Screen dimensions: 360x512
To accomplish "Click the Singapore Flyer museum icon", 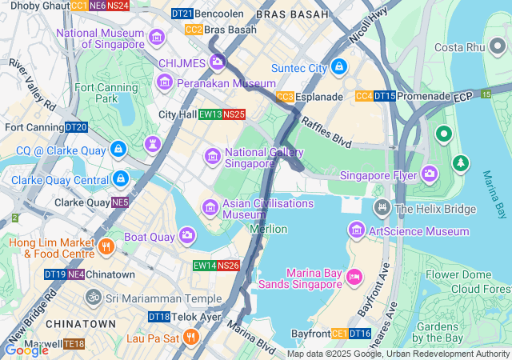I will coord(430,174).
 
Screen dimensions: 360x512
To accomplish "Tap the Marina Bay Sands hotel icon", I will coord(354,277).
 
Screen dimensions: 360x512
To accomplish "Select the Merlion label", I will coord(268,229).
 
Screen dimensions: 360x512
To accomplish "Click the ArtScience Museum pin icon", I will coord(356,231).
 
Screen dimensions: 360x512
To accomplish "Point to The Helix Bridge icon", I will coord(382,209).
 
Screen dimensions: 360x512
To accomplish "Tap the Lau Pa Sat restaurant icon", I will coord(190,337).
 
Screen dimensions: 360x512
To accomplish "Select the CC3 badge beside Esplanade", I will coord(285,97).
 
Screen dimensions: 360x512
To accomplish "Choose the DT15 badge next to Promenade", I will coord(385,97).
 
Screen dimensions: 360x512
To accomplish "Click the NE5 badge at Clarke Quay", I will coord(120,202).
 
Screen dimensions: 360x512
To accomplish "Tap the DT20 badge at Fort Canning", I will coord(76,127).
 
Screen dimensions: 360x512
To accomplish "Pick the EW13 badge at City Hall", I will coord(210,114).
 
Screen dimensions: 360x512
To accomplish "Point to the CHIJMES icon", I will coord(218,62).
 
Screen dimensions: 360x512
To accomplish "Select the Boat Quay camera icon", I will coord(186,235).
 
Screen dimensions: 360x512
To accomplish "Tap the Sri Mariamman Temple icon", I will coord(94,298).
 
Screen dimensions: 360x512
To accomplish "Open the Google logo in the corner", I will coord(26,350).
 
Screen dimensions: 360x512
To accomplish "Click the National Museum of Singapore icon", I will coord(157,36).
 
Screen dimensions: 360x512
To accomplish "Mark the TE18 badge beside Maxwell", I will coord(74,344).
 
